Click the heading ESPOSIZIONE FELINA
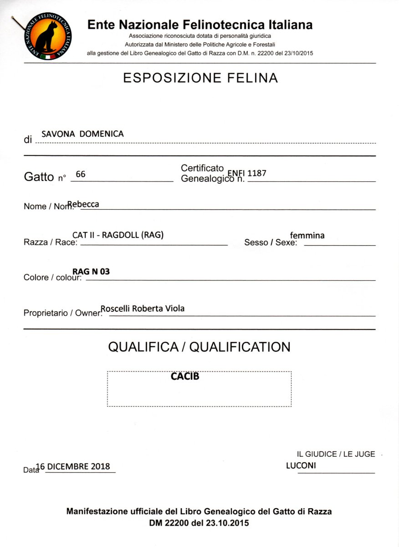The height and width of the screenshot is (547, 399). point(200,78)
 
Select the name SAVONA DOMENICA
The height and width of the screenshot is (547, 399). point(82,134)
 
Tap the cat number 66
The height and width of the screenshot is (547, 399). point(81,174)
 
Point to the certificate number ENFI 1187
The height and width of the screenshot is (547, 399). point(250,173)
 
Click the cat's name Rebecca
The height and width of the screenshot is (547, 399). point(83,204)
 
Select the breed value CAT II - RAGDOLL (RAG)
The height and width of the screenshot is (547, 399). point(118,235)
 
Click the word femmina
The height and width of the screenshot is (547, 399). point(307,235)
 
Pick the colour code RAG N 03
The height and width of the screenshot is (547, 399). point(91,272)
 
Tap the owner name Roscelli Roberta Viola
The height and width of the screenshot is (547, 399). point(143,309)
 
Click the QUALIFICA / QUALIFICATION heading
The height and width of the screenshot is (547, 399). point(199,347)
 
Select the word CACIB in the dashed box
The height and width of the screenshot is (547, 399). point(185,377)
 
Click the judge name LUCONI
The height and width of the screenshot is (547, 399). point(301,466)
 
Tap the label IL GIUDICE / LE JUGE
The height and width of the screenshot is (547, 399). point(336,454)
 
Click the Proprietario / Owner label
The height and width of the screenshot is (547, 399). point(61,313)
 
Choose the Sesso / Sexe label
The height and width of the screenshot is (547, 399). point(271,243)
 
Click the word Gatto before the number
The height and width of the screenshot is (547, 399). point(39,177)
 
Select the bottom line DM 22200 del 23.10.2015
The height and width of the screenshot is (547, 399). point(199,523)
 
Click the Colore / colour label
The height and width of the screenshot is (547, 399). point(52,278)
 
